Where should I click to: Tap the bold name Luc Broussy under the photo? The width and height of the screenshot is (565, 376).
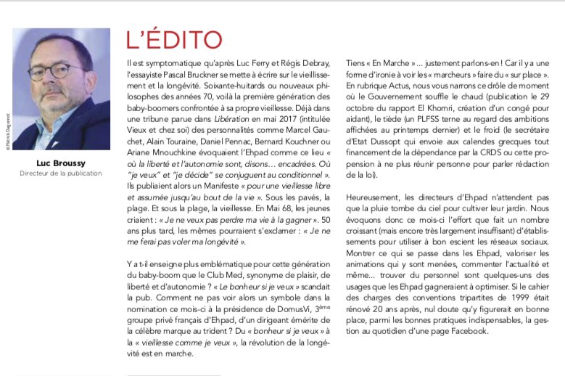pyautogui.click(x=62, y=163)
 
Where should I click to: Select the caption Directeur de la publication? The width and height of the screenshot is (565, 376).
pyautogui.click(x=62, y=174)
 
